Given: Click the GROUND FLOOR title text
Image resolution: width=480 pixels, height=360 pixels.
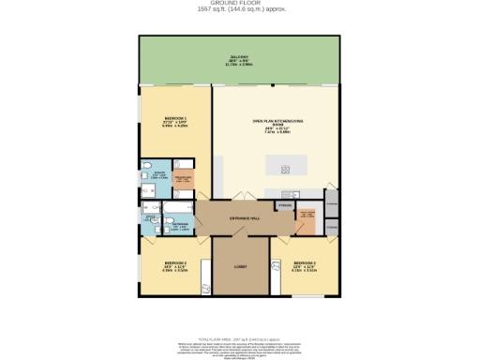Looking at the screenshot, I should (241, 4).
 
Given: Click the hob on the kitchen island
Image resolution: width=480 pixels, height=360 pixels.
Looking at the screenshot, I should (286, 169).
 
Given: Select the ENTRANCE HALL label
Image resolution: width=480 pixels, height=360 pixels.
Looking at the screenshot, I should (241, 218).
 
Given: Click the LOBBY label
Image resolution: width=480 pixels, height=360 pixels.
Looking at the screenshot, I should (240, 267).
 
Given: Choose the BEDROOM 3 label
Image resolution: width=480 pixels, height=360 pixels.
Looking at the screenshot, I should (304, 263).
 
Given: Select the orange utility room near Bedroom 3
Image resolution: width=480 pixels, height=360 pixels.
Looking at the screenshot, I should (306, 222).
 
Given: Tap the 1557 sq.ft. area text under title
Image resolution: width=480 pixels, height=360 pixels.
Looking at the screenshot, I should (241, 10).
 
